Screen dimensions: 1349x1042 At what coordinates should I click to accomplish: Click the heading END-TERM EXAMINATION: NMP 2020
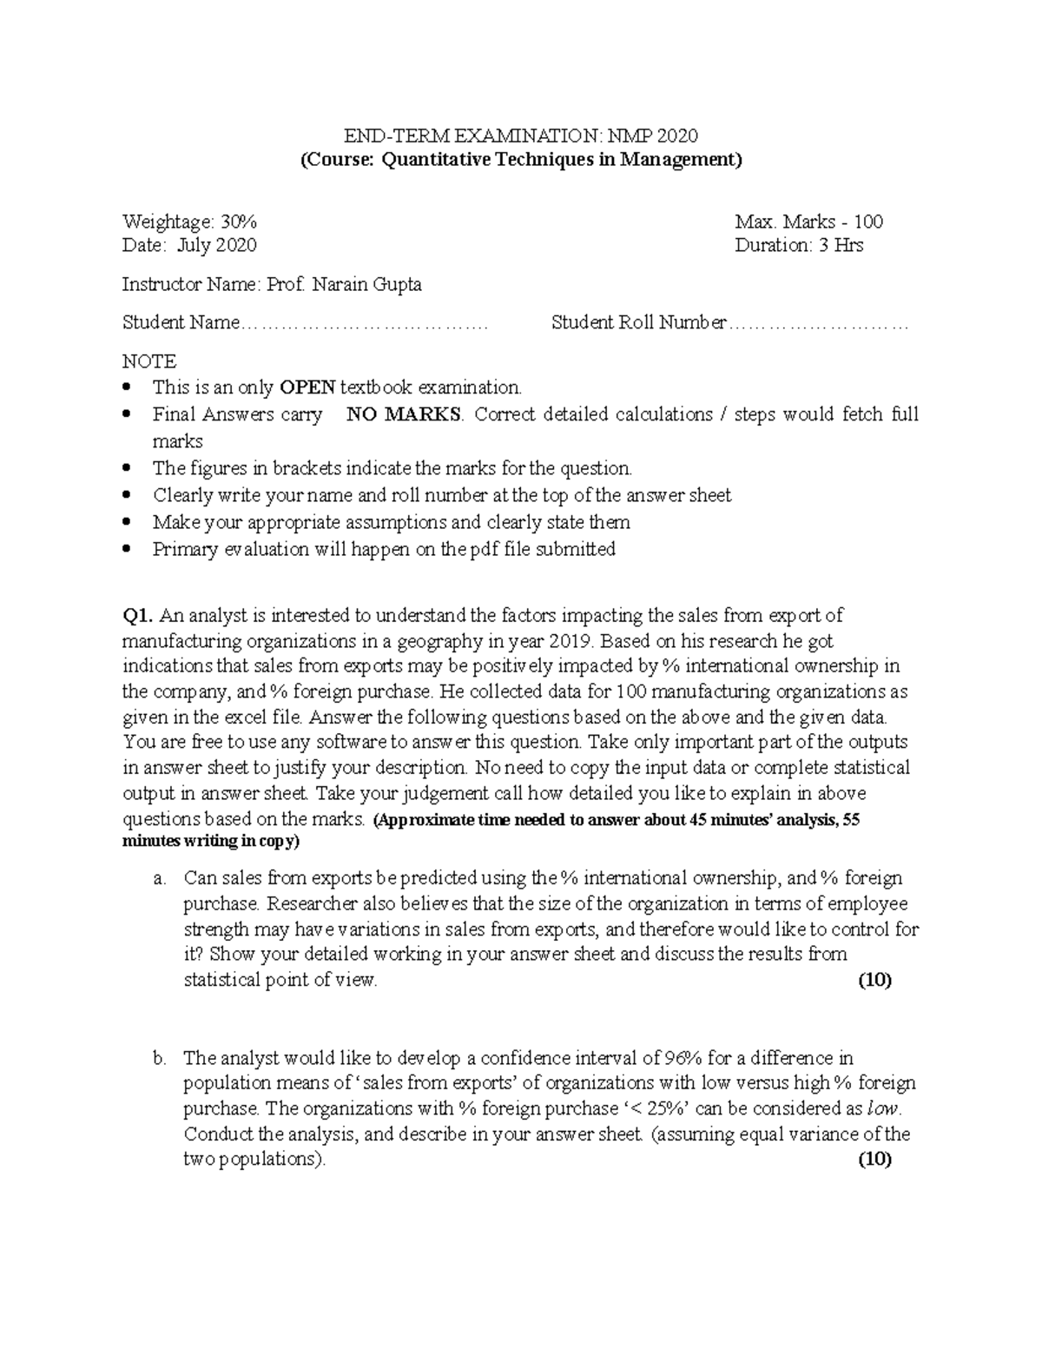[x=521, y=136]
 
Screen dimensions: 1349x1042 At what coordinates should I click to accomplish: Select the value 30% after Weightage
[x=238, y=222]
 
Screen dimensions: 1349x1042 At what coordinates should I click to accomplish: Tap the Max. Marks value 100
[x=868, y=222]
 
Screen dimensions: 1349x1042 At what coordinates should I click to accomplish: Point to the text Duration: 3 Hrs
[x=798, y=245]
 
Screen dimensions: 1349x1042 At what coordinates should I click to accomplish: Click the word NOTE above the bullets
[x=148, y=360]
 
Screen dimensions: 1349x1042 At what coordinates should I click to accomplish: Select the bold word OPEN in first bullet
[x=307, y=387]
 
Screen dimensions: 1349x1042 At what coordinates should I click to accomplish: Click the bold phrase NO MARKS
[x=404, y=414]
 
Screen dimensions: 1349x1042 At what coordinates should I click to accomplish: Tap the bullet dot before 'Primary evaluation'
[x=129, y=549]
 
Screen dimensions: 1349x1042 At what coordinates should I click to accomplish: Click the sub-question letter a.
[x=159, y=878]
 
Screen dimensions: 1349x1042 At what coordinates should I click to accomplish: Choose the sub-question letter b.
[x=159, y=1058]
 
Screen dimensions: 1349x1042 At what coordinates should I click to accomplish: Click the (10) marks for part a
[x=874, y=980]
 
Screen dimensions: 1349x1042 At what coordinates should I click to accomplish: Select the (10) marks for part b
[x=874, y=1159]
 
